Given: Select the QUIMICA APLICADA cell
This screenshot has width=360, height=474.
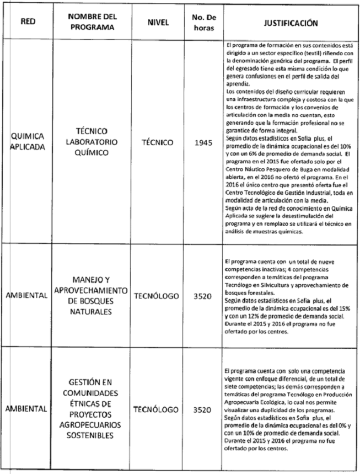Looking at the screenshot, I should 28,142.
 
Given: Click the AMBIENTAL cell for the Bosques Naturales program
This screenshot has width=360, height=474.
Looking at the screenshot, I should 28,295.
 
